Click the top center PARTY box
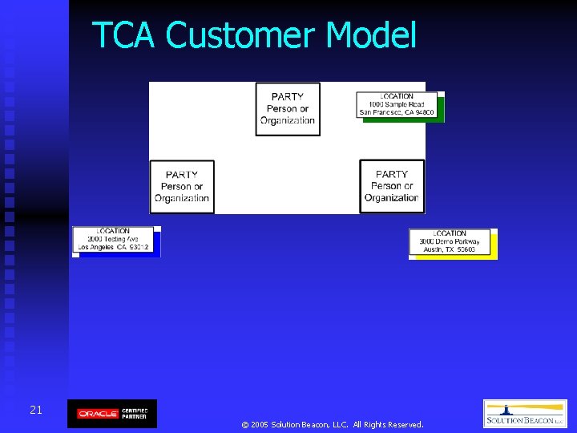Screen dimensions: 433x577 [288, 109]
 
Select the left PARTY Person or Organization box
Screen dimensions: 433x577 [182, 187]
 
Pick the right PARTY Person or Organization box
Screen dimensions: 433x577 [392, 186]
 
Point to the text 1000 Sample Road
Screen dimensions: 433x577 [397, 104]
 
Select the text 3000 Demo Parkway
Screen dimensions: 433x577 [450, 241]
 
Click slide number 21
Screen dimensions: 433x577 [36, 410]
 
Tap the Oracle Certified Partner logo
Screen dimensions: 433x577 [112, 414]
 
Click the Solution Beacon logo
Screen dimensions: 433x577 [525, 414]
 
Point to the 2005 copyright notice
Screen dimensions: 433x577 [332, 424]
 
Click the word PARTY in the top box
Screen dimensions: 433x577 [288, 97]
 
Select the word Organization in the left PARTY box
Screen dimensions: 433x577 [182, 198]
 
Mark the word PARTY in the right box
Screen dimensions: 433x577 [392, 174]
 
